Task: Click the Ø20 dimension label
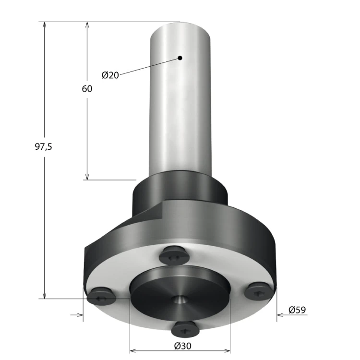coord(110,75)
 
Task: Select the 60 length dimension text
coord(87,89)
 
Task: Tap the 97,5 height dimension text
coord(43,146)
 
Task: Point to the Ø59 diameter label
coord(297,310)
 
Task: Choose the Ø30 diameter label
coord(182,346)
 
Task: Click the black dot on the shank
coord(180,58)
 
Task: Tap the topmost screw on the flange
coord(175,255)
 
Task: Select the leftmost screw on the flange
coord(101,296)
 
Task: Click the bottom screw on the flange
coord(185,329)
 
